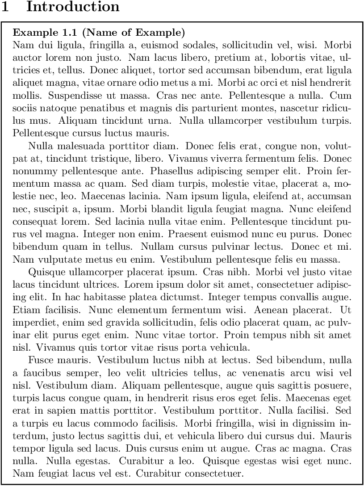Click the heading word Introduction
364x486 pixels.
coord(73,7)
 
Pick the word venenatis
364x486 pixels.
coord(257,372)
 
